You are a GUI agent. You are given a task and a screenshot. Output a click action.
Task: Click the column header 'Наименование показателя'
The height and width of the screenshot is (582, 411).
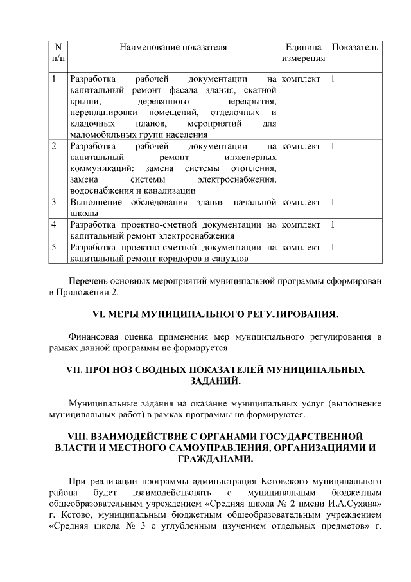(173, 48)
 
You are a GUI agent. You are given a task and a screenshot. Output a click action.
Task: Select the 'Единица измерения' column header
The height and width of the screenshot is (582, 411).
(303, 53)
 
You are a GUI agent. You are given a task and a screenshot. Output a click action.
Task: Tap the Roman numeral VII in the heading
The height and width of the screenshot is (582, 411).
(76, 370)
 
